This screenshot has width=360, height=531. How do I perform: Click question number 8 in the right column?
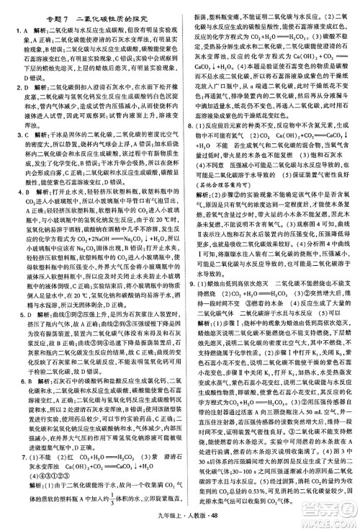(x=189, y=125)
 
